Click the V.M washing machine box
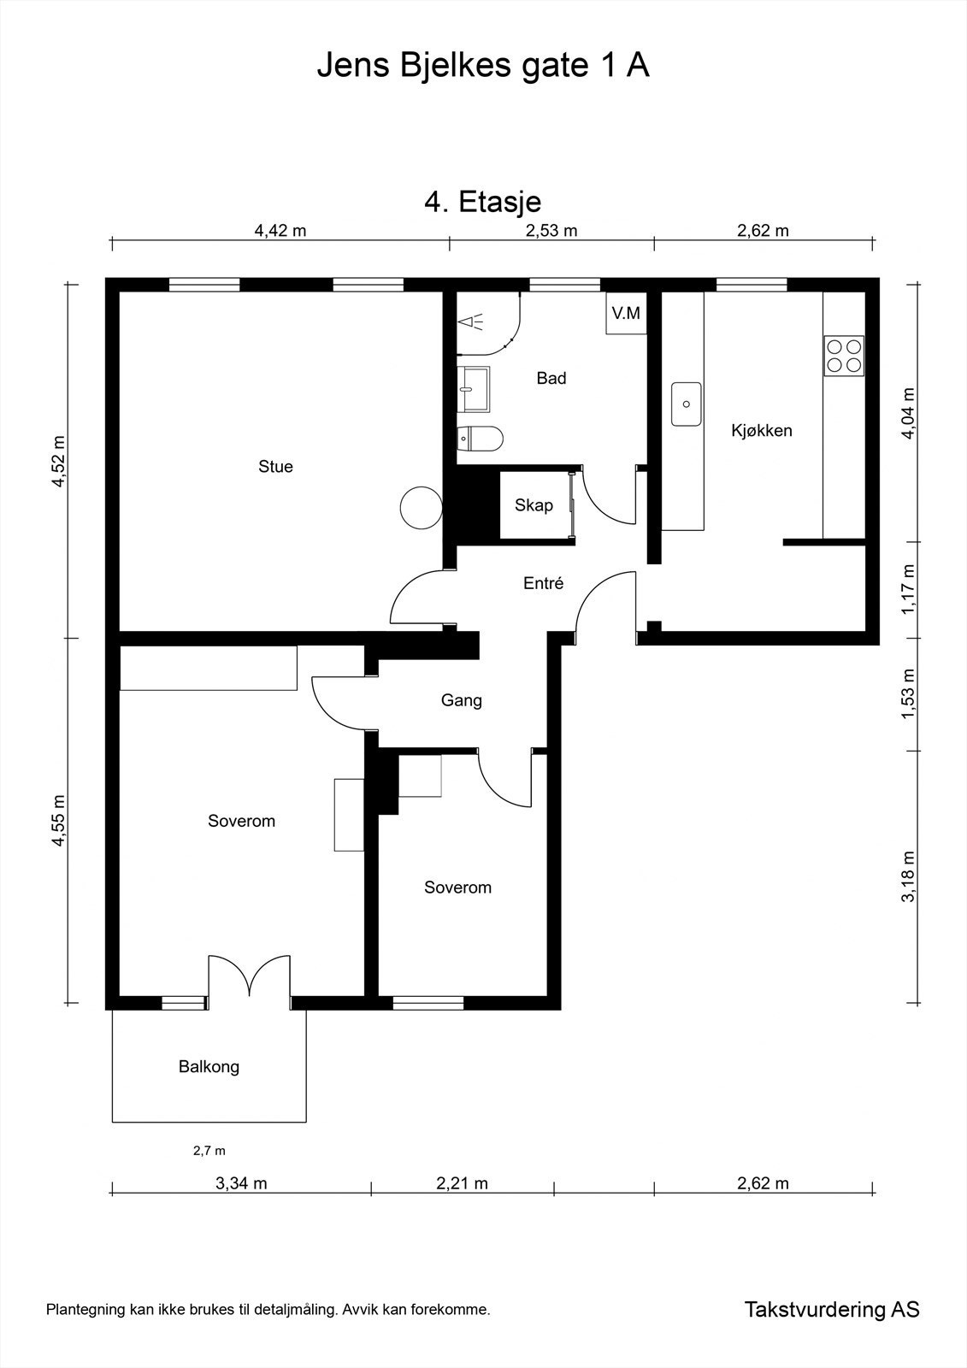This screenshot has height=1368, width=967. pyautogui.click(x=626, y=313)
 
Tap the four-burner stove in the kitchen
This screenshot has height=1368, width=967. pyautogui.click(x=844, y=356)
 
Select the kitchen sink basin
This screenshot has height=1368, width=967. pyautogui.click(x=686, y=404)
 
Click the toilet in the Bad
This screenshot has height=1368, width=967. pyautogui.click(x=481, y=438)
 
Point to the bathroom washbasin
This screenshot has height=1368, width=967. pyautogui.click(x=474, y=389)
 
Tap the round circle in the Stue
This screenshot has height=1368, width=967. pyautogui.click(x=421, y=508)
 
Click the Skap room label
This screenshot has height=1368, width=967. pyautogui.click(x=534, y=505)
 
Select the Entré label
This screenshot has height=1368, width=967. pyautogui.click(x=543, y=583)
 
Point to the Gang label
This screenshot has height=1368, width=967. pyautogui.click(x=461, y=700)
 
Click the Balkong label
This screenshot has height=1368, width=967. pyautogui.click(x=209, y=1066)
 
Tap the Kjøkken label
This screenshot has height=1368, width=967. pyautogui.click(x=762, y=431)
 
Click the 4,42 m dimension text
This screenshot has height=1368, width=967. pyautogui.click(x=280, y=231)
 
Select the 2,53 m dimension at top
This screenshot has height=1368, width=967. pyautogui.click(x=551, y=231)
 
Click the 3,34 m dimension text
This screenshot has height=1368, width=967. pyautogui.click(x=241, y=1183)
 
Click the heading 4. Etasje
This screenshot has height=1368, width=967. pyautogui.click(x=482, y=202)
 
